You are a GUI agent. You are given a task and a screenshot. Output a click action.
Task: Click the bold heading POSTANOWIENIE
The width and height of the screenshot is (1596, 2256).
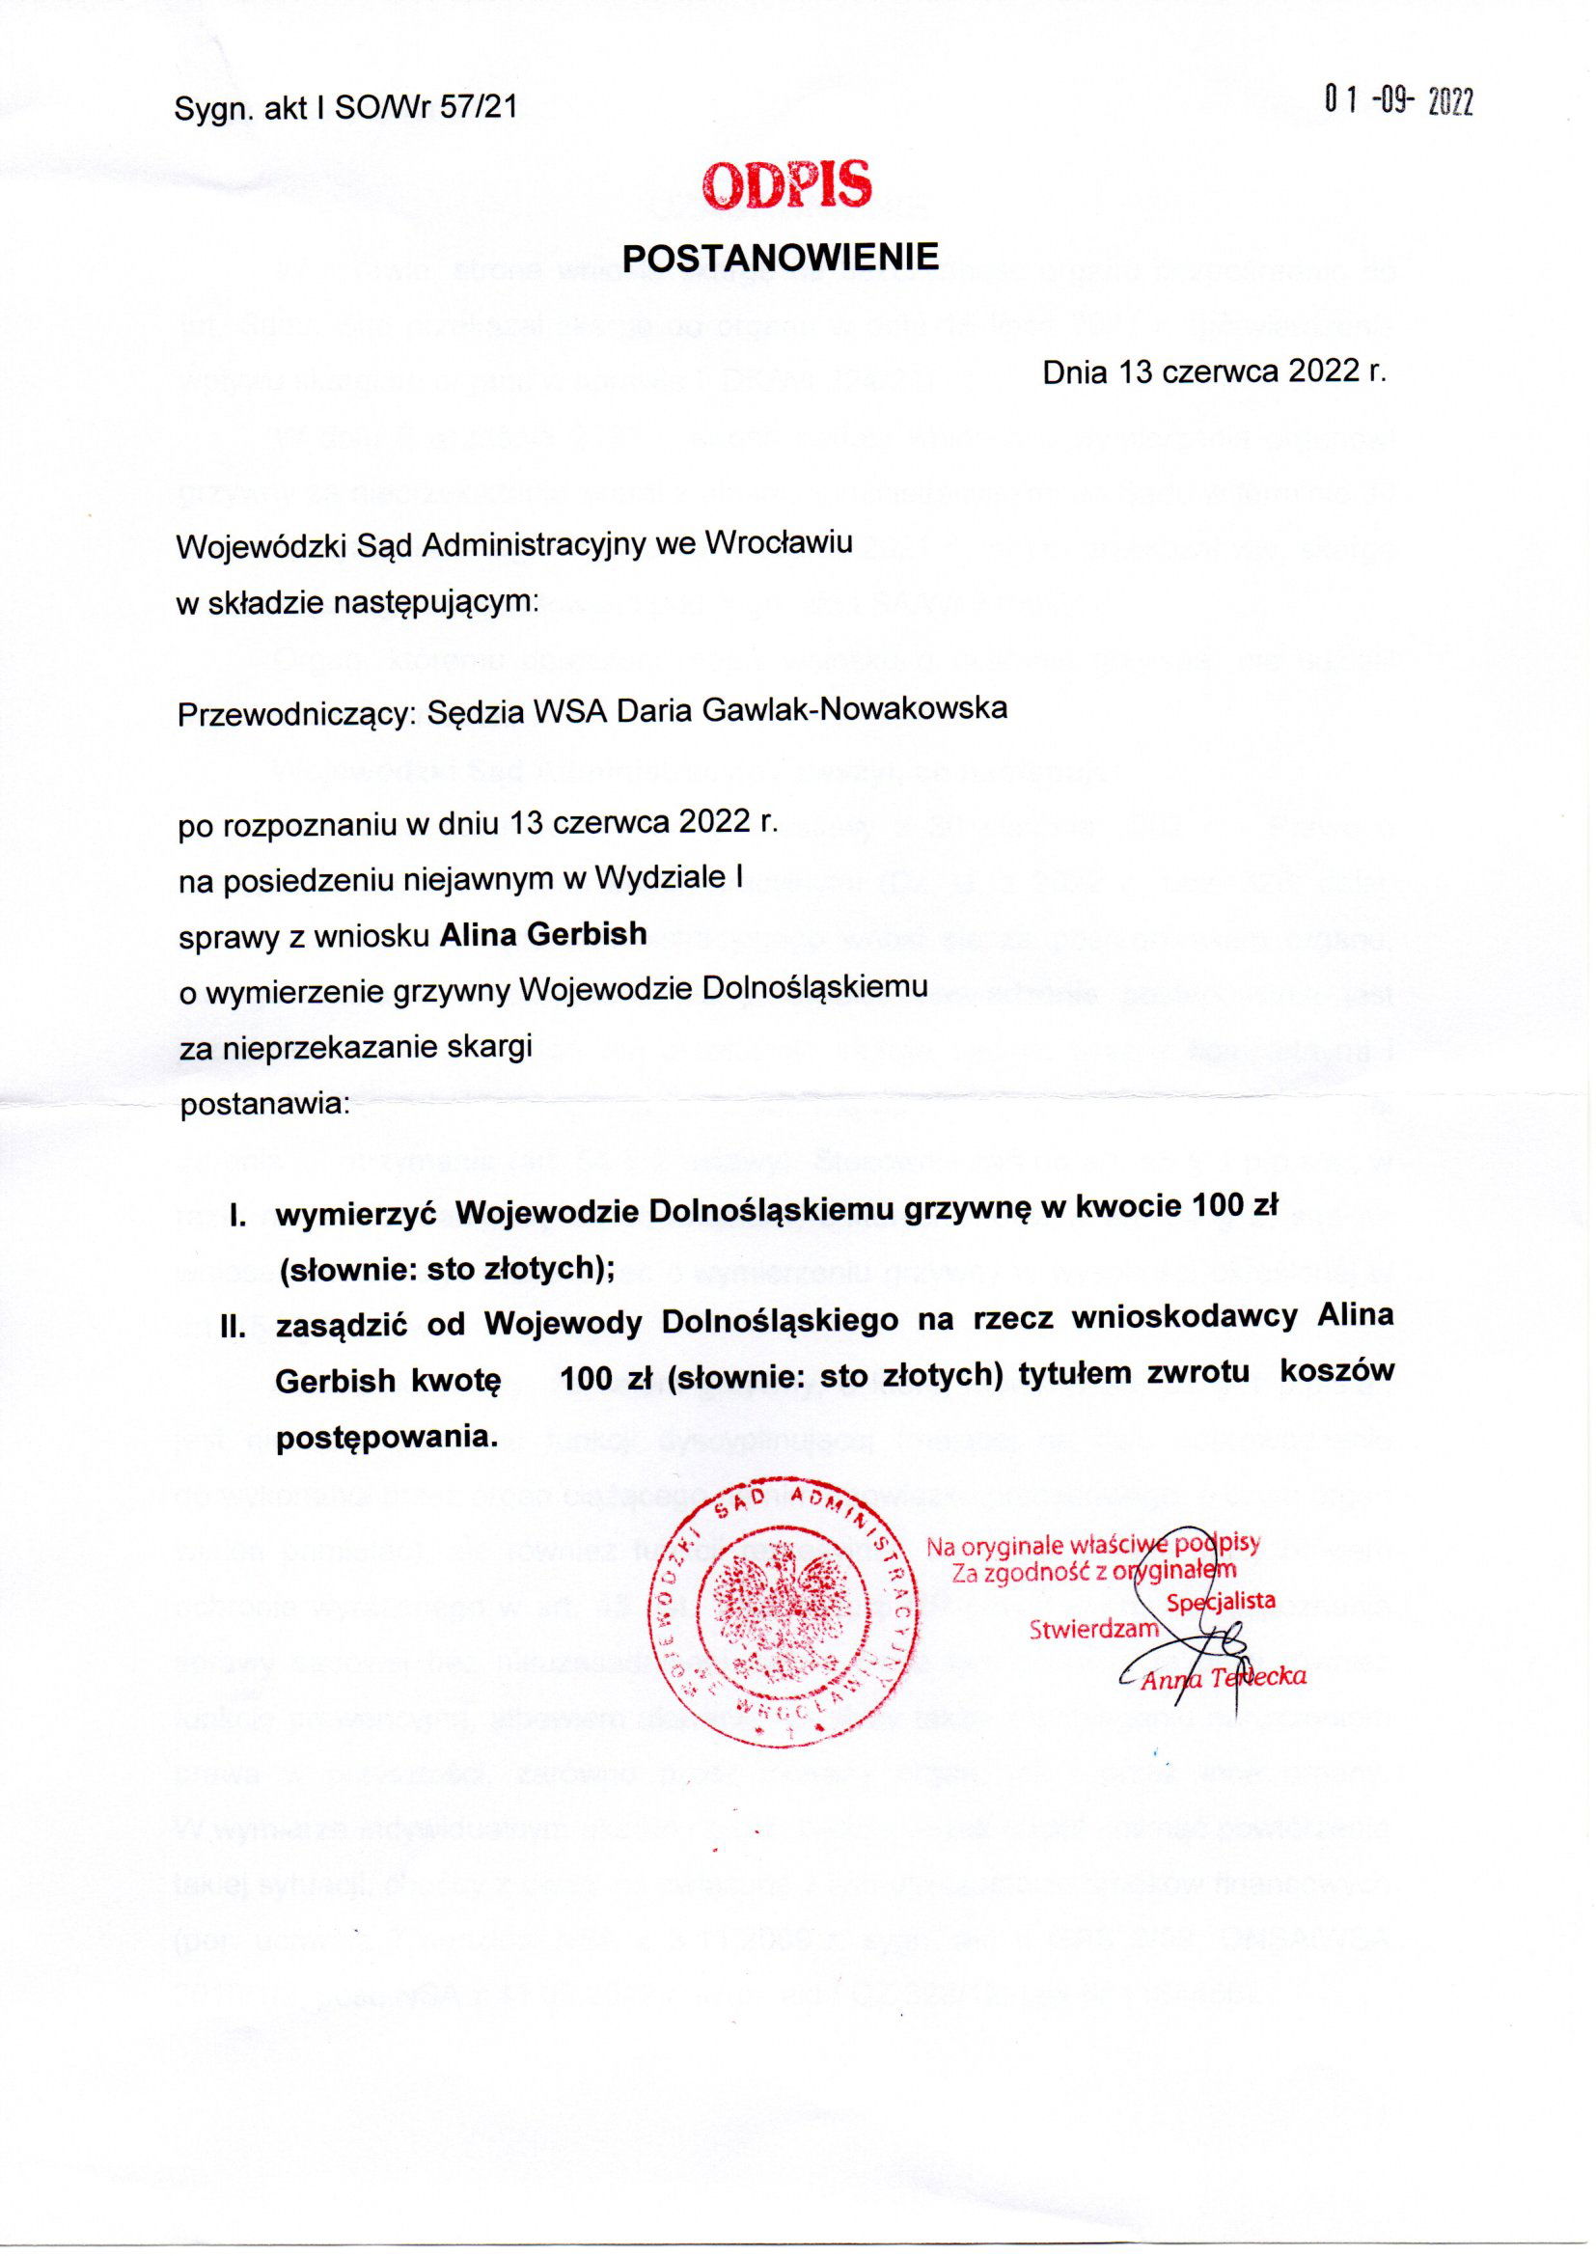782,257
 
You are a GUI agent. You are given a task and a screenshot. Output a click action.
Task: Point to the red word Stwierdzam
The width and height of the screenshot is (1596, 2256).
1094,1628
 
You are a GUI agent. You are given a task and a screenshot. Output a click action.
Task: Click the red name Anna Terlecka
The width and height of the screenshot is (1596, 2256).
1223,1677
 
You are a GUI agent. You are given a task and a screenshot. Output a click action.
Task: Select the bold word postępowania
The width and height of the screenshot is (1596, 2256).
383,1437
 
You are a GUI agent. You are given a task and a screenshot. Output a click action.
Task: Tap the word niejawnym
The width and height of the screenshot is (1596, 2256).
491,880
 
